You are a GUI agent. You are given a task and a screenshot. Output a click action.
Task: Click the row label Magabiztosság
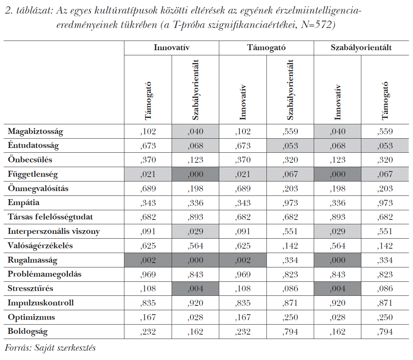35,131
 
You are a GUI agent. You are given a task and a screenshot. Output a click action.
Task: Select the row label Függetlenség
33,174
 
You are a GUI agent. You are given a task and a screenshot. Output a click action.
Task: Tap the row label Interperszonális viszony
54,232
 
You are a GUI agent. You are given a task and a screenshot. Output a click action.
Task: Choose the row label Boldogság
28,332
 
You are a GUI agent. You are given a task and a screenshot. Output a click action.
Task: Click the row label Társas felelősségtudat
50,217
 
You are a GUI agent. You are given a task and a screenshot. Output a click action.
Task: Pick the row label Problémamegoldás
44,274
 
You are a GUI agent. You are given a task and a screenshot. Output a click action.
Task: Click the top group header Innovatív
171,48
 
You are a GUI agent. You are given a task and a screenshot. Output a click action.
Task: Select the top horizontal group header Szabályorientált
361,48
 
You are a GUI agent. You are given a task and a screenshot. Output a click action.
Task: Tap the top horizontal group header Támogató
266,48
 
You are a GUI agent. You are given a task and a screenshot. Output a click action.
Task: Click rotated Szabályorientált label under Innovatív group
196,90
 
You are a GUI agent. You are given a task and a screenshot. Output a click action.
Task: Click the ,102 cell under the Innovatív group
148,131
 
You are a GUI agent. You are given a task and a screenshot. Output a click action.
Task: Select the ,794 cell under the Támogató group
290,332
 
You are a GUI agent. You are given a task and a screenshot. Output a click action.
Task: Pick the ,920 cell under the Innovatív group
196,303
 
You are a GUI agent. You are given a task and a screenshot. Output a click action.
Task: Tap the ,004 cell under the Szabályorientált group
337,289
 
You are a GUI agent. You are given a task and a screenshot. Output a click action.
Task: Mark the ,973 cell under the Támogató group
290,203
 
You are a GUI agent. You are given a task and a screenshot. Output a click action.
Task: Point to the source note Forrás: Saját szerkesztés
51,348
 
